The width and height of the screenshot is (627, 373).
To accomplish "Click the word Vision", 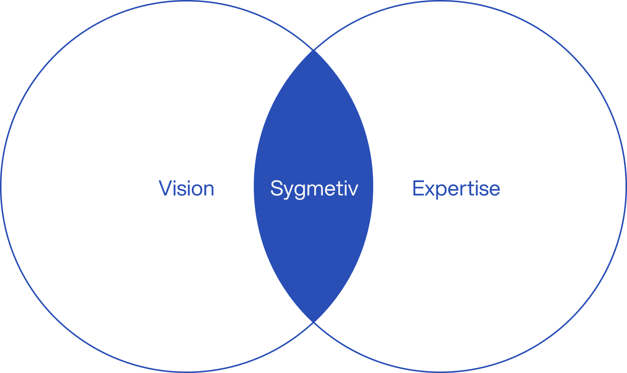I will [x=186, y=188].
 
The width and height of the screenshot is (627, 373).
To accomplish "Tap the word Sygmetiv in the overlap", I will [x=314, y=188].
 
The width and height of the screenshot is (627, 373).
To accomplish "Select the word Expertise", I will [x=456, y=188].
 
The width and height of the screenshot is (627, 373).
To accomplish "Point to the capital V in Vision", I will [x=165, y=188].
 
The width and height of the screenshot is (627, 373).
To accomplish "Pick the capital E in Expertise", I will [x=418, y=188].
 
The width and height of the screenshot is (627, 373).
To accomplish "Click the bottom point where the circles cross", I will [x=313, y=322].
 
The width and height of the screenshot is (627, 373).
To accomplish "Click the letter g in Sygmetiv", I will [x=299, y=191].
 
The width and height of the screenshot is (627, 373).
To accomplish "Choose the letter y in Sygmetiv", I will [x=288, y=191].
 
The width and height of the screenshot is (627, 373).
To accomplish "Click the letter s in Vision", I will [x=182, y=189].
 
